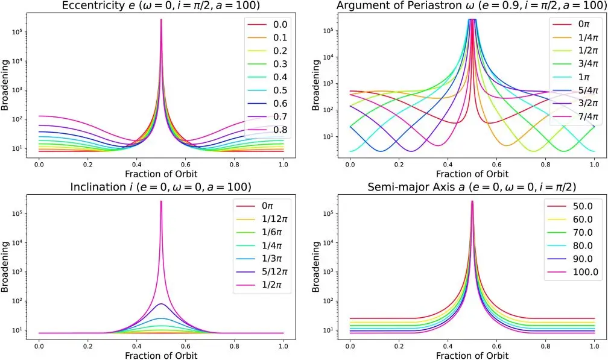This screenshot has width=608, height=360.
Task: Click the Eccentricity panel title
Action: point(160,7)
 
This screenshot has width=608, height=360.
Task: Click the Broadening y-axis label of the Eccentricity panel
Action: point(5,88)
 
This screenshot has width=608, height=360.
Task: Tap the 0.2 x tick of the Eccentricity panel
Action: point(87,164)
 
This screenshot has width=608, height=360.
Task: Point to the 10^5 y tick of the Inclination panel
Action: point(17,213)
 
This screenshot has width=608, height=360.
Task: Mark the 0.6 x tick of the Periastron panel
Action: point(496,164)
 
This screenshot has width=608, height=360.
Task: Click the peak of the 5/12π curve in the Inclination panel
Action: point(161,304)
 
